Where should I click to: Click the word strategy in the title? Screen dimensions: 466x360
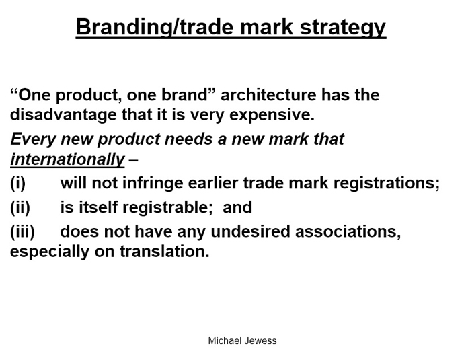click(x=343, y=28)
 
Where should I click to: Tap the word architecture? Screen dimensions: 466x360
click(x=268, y=95)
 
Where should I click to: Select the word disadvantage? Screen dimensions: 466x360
click(x=63, y=115)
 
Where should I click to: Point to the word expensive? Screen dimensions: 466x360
click(x=272, y=116)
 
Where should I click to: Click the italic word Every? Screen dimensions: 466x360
click(x=33, y=139)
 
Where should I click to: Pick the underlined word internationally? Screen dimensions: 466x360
click(x=67, y=159)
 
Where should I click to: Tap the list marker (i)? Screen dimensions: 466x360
click(x=18, y=182)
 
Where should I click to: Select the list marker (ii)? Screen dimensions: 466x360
click(x=20, y=207)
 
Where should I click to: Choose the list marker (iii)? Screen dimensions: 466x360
click(x=22, y=231)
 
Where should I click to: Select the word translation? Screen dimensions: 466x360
click(x=165, y=251)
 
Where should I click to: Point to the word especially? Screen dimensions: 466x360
click(x=50, y=252)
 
